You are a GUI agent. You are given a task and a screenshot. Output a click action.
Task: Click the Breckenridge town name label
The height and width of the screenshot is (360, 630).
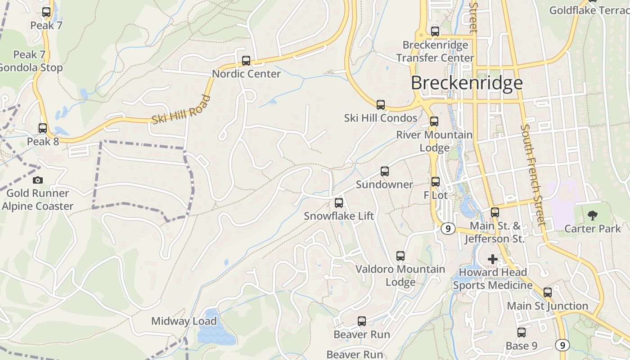(x=467, y=83)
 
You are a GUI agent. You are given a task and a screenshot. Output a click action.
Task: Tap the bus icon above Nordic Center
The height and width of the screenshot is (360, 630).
(x=246, y=61)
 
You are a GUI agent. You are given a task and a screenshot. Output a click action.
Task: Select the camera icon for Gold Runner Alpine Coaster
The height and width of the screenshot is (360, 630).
(x=38, y=180)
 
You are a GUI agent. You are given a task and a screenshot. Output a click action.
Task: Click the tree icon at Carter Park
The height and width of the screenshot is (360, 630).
(x=593, y=215)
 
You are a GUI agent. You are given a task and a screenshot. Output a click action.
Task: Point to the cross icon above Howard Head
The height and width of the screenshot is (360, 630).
(x=493, y=259)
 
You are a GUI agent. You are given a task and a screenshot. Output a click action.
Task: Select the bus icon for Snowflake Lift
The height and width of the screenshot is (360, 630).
(x=339, y=203)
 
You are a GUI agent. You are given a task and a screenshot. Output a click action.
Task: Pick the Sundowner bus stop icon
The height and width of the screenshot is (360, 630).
(x=384, y=171)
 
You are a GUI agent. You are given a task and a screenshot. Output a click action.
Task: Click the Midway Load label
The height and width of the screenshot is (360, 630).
(x=184, y=321)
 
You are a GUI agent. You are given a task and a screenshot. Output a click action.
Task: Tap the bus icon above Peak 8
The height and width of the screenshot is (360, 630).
(x=43, y=128)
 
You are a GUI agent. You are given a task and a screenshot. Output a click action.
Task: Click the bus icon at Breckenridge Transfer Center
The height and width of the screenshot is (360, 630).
(x=435, y=31)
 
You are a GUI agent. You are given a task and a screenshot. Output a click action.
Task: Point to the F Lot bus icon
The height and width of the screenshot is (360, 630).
(x=436, y=182)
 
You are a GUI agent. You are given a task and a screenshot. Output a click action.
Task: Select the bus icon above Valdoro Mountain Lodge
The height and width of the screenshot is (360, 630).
(x=400, y=256)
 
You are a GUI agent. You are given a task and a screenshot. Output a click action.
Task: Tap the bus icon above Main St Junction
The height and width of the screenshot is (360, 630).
(x=548, y=292)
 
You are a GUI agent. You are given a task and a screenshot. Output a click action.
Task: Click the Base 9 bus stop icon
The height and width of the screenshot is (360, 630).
(x=522, y=333)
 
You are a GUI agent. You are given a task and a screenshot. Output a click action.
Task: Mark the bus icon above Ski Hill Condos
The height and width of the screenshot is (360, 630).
(x=381, y=105)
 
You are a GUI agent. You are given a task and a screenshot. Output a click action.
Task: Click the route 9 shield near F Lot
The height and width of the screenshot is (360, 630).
(x=447, y=229)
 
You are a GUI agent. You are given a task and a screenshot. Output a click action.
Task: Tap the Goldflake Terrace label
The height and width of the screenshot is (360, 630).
(x=589, y=10)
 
